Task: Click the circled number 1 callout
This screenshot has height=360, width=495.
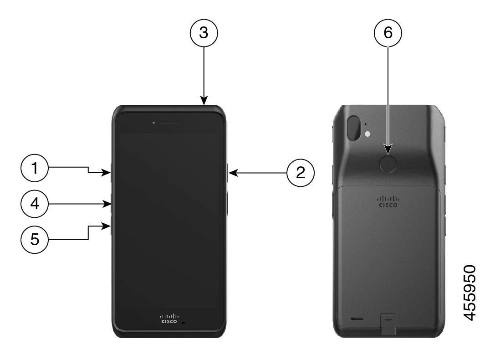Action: tap(35, 168)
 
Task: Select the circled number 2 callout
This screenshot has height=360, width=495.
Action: tap(301, 173)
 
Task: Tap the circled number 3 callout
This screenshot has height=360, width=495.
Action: tap(204, 33)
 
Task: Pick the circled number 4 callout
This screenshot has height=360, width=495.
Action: tap(35, 204)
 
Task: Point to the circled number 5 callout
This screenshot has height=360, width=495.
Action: tap(35, 239)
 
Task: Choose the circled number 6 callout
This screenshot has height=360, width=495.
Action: tap(388, 33)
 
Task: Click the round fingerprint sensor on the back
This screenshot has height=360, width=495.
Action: tap(388, 164)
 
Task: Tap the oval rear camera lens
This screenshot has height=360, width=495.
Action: tap(353, 128)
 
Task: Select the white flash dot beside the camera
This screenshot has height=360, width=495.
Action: tap(367, 134)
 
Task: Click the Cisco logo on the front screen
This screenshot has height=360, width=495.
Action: tap(169, 319)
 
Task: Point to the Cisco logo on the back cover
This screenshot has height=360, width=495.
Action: tap(388, 201)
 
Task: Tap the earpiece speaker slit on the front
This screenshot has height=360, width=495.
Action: tap(169, 123)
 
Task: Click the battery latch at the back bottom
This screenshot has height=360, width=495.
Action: tap(388, 324)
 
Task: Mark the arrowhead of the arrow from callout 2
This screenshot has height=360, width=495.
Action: tap(233, 173)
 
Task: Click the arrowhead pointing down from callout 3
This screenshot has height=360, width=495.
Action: tap(204, 100)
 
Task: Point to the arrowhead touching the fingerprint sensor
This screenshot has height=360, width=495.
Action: tap(388, 149)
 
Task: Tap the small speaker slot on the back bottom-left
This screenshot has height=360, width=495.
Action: tap(357, 319)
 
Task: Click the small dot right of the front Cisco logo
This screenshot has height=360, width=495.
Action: tap(184, 323)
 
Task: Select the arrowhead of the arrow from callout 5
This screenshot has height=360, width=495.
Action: tap(106, 226)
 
